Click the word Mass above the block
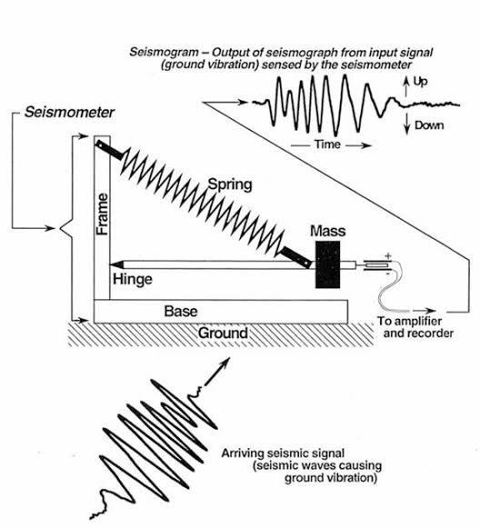[327, 231]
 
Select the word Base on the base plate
[181, 311]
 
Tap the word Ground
[223, 333]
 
